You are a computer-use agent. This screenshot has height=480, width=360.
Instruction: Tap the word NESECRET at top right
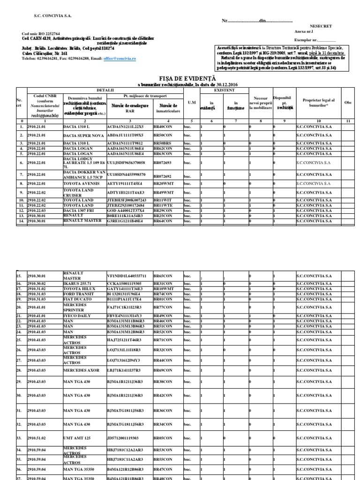[x=320, y=27]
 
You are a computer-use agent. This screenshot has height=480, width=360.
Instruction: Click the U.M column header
[x=191, y=102]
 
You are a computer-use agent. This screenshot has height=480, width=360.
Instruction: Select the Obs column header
[x=348, y=102]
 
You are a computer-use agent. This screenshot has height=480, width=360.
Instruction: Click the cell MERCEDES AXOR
[x=82, y=370]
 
